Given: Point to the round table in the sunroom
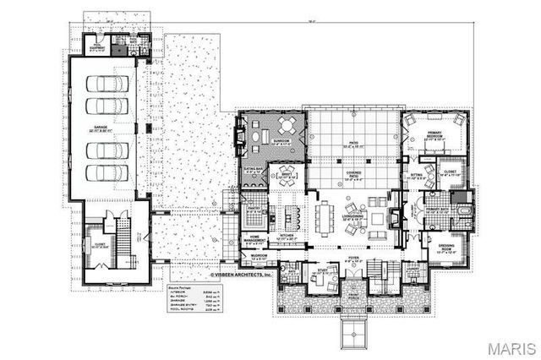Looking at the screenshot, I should (287, 127).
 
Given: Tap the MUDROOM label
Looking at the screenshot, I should (259, 255).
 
